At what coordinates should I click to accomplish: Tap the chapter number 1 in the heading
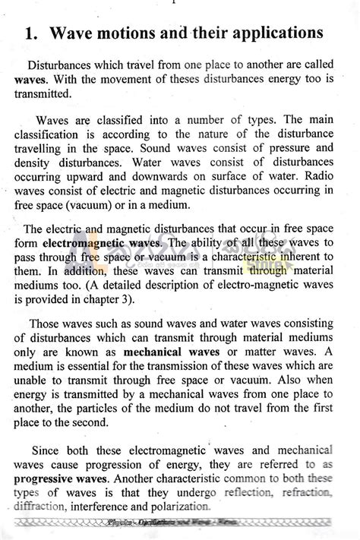coord(30,34)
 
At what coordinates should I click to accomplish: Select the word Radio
coord(320,175)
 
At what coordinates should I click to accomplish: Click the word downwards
coord(143,175)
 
